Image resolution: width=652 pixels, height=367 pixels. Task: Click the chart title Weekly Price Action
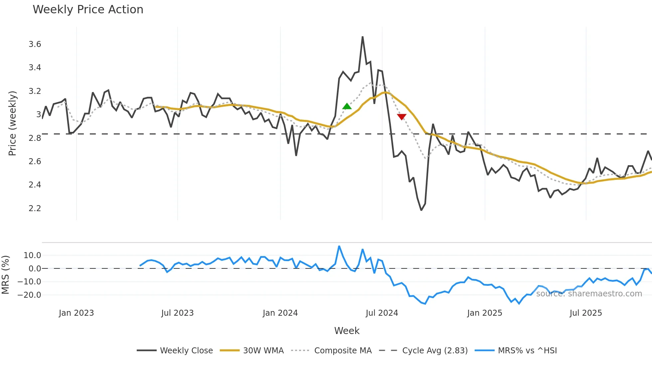[x=88, y=10]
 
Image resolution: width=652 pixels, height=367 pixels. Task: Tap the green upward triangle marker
[x=347, y=107]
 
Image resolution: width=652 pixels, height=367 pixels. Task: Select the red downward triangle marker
[x=402, y=117]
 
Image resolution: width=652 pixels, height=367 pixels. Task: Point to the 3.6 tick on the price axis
[x=35, y=44]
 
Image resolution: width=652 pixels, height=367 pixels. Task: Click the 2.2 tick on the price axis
[x=35, y=208]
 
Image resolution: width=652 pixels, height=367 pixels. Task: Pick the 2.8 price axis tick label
[x=35, y=138]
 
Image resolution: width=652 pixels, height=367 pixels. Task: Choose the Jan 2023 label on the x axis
[x=76, y=313]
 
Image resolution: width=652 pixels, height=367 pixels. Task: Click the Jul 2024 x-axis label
[x=382, y=313]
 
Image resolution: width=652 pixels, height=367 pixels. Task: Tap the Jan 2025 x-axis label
[x=484, y=313]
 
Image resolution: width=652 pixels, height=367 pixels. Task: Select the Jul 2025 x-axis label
[x=585, y=313]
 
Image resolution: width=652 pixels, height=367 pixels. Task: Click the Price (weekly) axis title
[x=12, y=123]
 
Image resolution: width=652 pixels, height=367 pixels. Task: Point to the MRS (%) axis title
[x=5, y=275]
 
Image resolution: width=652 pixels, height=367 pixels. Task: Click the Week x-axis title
[x=347, y=331]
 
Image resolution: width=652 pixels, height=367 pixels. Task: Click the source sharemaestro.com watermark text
[x=589, y=294]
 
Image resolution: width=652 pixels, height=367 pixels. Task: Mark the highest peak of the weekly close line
[x=363, y=37]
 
